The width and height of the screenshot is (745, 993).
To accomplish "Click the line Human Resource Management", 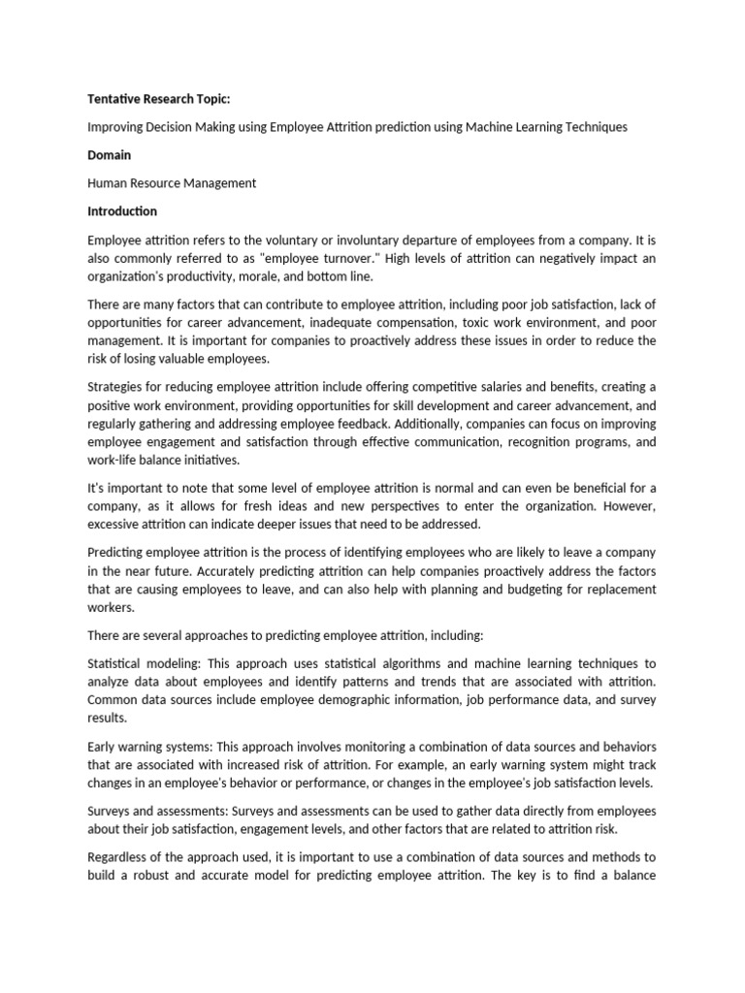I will (x=172, y=183).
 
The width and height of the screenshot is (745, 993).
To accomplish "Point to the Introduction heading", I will (x=122, y=211).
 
